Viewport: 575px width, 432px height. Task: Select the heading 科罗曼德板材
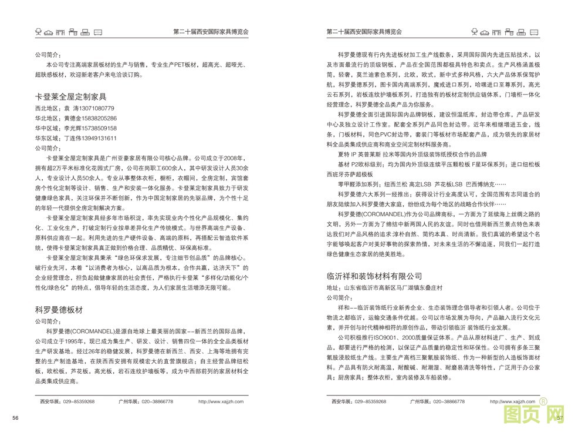[61, 309]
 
